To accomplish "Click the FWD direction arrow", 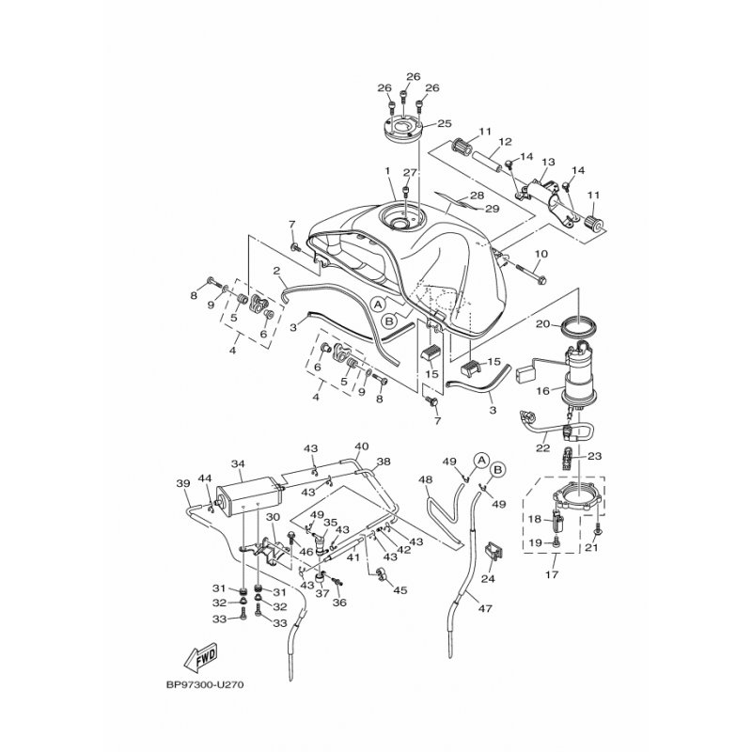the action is (x=200, y=656).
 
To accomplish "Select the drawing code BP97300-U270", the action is (x=205, y=685).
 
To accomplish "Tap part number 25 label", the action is (x=445, y=123).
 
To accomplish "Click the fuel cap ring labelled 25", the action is (x=403, y=129).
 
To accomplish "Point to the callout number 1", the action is (x=387, y=171).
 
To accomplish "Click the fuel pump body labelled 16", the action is (x=579, y=379).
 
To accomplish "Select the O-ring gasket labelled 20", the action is (x=579, y=327).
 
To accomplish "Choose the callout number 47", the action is (x=485, y=608).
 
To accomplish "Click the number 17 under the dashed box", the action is (x=552, y=573).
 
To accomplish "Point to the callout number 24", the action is (x=488, y=579).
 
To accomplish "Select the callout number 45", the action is (x=400, y=590).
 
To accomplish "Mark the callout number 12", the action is (x=505, y=142).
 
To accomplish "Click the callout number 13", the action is (x=548, y=162).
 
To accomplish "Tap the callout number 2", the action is (x=276, y=271).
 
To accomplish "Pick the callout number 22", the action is (x=542, y=448).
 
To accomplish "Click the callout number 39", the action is (x=183, y=483).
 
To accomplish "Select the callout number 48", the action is (x=426, y=479).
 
